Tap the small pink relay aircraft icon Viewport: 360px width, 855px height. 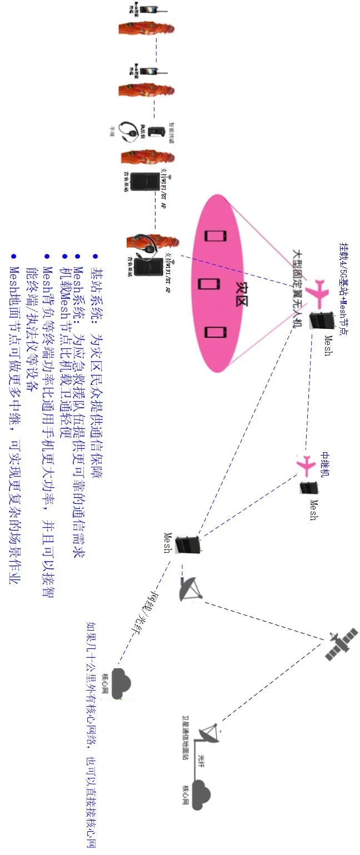point(305,466)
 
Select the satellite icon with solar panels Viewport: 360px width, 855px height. point(341,644)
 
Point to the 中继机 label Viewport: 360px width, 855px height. point(325,465)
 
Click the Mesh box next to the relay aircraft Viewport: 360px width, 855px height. point(307,489)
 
